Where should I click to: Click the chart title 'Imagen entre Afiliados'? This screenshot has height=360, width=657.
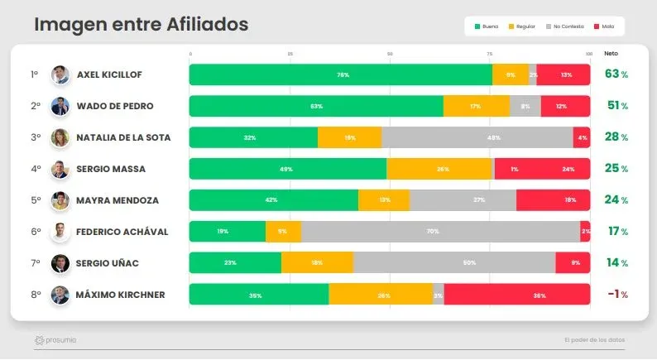pos(141,26)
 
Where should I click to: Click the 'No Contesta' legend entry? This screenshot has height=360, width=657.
pos(566,27)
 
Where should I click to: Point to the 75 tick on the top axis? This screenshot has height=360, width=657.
pos(489,54)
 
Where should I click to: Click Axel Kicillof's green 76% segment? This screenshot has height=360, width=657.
pos(341,75)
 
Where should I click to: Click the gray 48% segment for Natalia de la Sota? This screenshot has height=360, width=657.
pos(477,137)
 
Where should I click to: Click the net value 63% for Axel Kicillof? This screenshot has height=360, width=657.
pos(616,74)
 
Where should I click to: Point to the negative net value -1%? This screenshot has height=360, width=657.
pos(616,295)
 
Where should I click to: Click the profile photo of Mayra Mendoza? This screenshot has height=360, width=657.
pos(60,200)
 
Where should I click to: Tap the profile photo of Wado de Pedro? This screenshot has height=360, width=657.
pos(60,106)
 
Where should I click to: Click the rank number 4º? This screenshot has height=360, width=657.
pos(36,169)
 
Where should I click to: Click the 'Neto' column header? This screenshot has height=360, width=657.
pos(611,53)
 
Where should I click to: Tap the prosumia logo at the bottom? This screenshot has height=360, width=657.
pos(55,340)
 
